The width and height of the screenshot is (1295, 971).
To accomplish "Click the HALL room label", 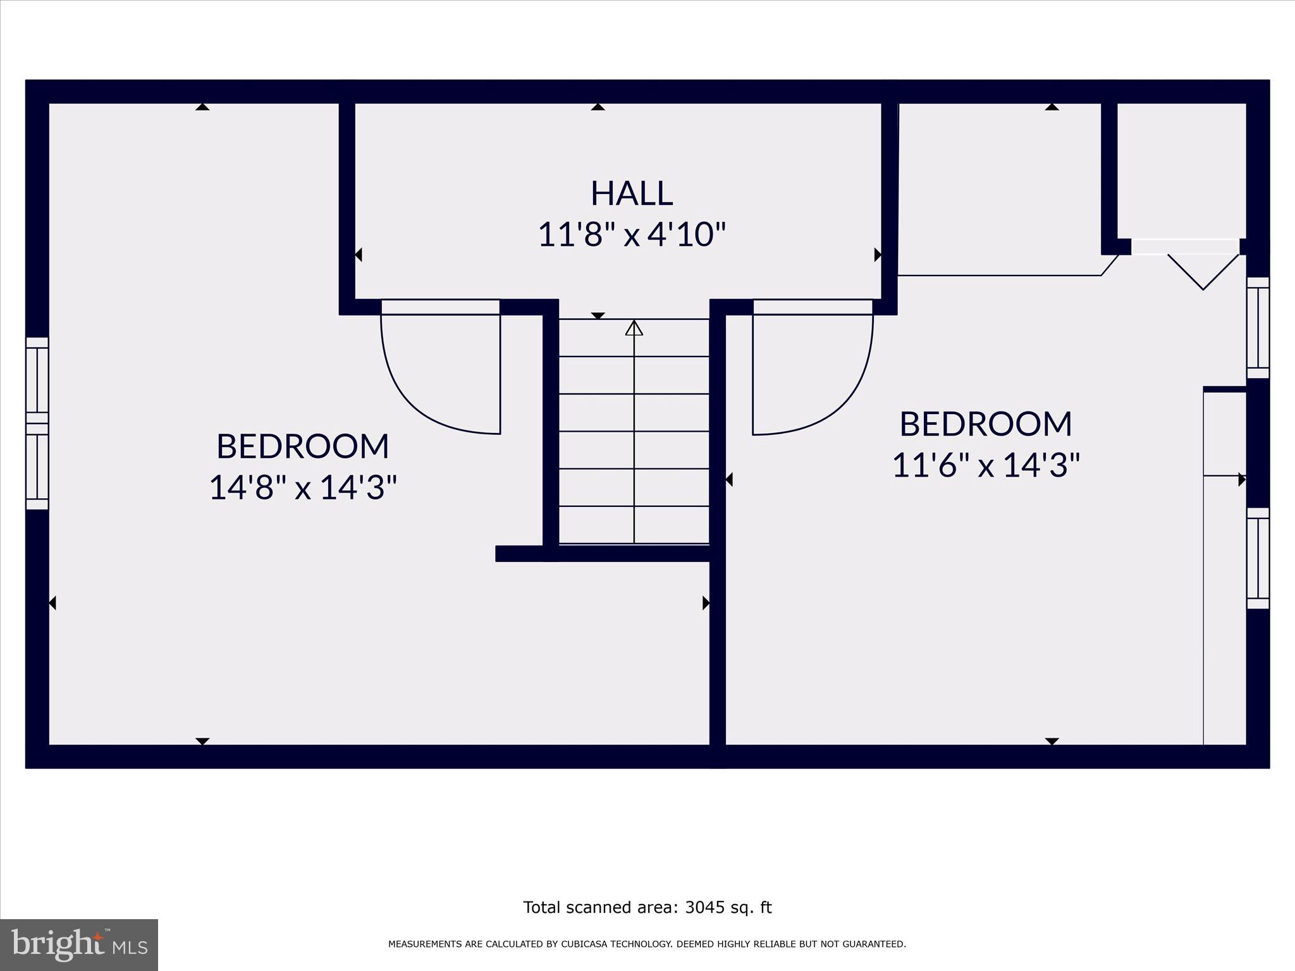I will tap(631, 193).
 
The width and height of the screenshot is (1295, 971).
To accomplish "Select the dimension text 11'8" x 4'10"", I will tap(631, 235).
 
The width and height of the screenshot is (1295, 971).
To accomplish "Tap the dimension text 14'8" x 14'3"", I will tap(303, 487).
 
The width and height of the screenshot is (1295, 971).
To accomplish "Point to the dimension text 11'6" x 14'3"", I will tap(985, 465).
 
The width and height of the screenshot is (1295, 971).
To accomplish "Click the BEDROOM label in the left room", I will tap(303, 446).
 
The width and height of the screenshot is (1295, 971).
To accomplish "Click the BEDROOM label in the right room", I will tap(985, 424).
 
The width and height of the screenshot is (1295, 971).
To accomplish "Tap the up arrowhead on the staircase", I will tap(634, 328).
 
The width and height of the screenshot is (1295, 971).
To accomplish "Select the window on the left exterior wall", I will tap(37, 424).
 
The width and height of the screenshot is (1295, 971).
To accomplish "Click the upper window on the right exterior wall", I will tap(1258, 327).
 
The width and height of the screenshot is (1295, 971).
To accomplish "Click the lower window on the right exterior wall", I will tap(1258, 558).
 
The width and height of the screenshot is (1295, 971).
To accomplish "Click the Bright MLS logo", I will tap(79, 945).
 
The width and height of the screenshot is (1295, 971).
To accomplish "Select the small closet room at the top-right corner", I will tap(1181, 171).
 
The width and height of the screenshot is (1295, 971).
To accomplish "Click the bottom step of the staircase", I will tap(634, 525).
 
